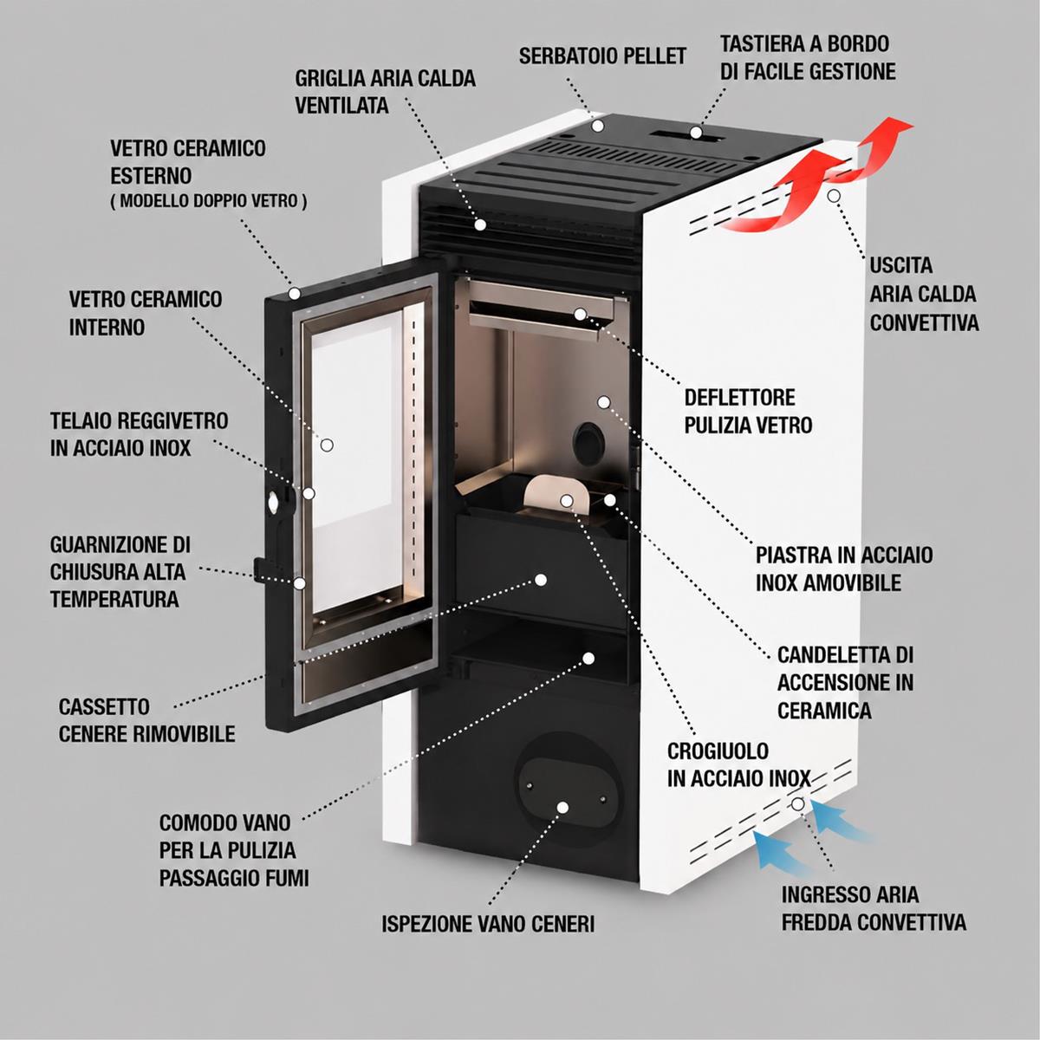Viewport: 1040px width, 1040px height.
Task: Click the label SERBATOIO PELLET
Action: point(602,55)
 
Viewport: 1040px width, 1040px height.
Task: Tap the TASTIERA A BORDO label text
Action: point(804,43)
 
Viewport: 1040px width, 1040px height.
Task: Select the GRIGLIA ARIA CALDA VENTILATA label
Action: point(385,92)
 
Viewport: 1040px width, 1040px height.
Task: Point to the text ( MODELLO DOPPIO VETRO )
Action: point(209,201)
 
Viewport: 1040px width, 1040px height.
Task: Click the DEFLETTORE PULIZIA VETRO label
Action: point(748,412)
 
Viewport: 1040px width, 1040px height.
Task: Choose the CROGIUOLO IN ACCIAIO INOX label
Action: point(739,764)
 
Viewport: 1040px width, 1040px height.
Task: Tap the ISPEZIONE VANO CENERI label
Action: point(488,923)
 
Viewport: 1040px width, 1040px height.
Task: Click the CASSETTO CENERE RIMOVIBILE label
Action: point(146,720)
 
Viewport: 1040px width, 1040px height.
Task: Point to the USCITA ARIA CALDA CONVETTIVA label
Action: point(924,294)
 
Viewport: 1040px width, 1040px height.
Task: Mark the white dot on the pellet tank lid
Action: point(597,126)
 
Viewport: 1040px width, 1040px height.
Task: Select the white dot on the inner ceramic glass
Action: point(327,445)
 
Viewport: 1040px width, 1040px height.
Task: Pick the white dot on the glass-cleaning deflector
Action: point(580,314)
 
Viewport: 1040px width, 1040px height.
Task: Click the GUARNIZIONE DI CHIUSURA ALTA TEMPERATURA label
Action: point(120,572)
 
